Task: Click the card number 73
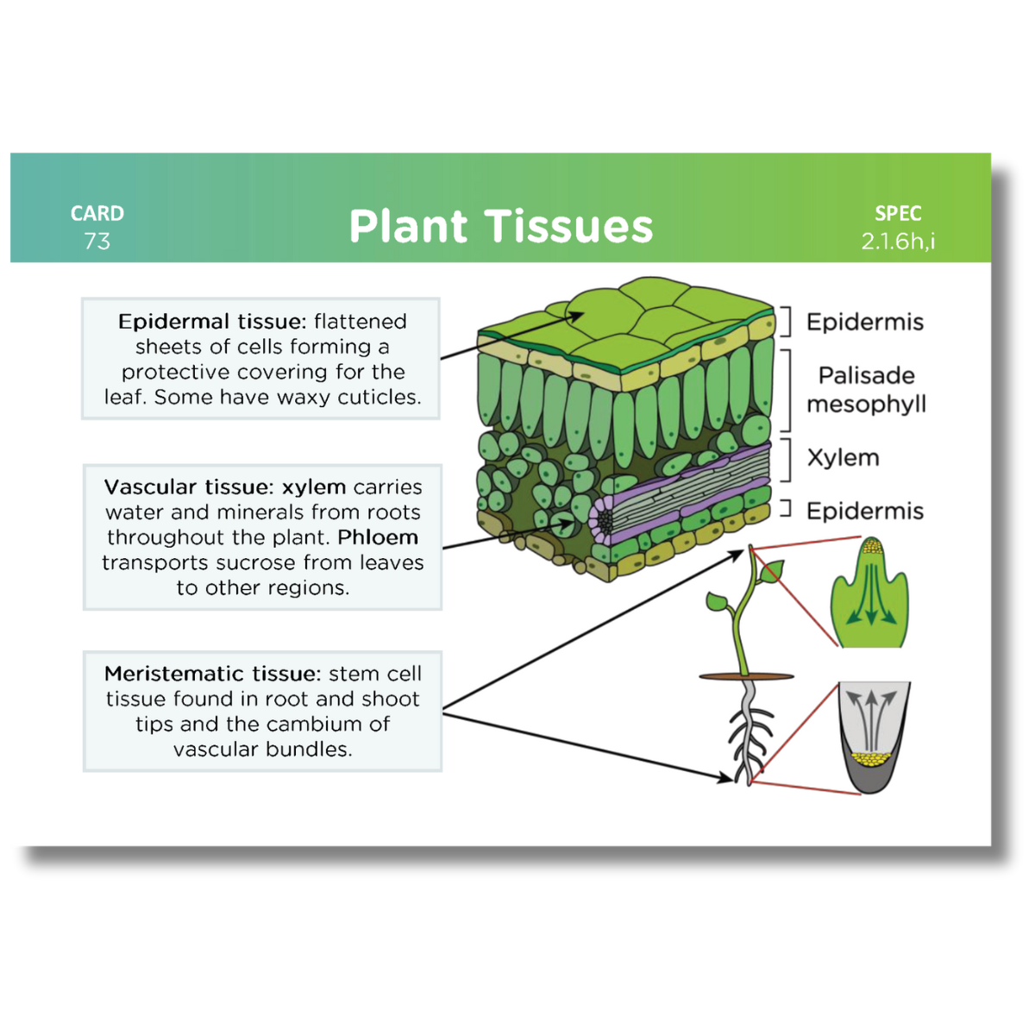point(97,241)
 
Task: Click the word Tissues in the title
point(568,226)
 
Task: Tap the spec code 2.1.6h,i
point(898,241)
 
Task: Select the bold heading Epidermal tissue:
point(212,321)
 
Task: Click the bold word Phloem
point(378,536)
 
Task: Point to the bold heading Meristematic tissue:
point(212,673)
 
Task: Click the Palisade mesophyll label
point(866,390)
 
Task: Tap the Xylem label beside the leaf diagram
point(844,458)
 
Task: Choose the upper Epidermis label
point(865,322)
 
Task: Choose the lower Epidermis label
point(865,511)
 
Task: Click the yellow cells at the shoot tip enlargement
point(871,547)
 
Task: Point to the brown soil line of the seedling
point(746,677)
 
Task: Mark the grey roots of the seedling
point(749,733)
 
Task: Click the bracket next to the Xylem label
point(787,460)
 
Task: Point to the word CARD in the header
point(97,213)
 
